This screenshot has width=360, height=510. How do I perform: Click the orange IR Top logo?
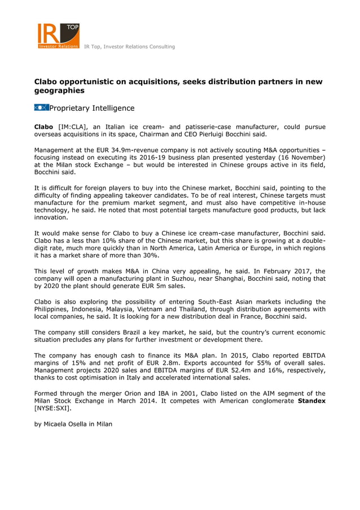pos(59,36)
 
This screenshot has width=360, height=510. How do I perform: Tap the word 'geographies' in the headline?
pos(59,90)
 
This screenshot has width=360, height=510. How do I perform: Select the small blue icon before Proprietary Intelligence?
pos(41,108)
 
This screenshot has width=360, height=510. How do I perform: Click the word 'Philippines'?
pos(54,310)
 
